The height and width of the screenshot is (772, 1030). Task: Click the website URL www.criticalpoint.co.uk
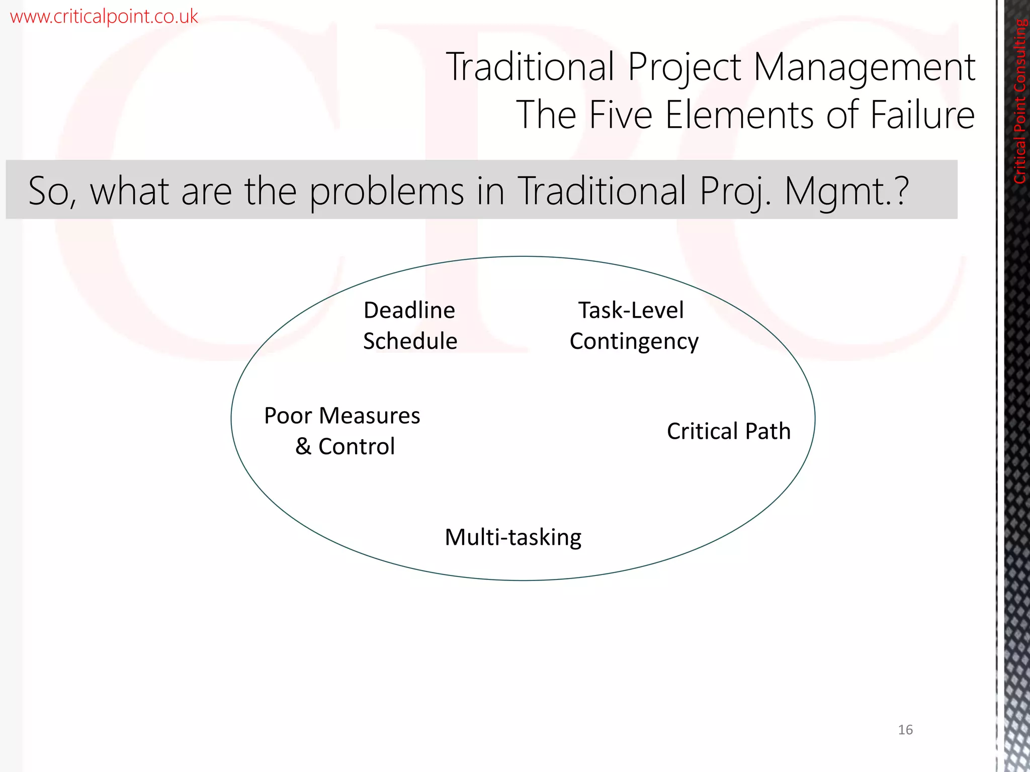[x=104, y=17]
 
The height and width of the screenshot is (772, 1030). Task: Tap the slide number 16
[x=905, y=729]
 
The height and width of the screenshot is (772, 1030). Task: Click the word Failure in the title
[x=922, y=115]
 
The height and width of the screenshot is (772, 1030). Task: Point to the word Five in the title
[x=621, y=115]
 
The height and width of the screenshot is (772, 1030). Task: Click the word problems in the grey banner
[x=386, y=191]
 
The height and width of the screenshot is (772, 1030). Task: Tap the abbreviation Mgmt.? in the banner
[x=846, y=191]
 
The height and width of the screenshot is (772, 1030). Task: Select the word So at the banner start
[x=49, y=191]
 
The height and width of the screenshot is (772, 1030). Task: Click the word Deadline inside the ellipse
[x=409, y=310]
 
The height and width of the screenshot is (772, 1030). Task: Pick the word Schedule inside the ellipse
[x=410, y=341]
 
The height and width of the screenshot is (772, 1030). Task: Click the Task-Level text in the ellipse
[x=631, y=310]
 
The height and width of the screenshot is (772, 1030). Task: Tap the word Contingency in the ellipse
[x=634, y=342]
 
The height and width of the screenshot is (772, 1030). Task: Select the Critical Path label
[x=728, y=431]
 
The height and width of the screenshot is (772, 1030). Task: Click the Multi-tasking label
[x=513, y=537]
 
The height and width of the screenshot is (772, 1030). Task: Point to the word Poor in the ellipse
[x=288, y=416]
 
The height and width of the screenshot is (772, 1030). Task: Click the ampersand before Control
[x=303, y=446]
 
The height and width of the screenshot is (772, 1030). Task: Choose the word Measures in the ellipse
[x=369, y=416]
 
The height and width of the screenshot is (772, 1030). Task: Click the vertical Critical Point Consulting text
[x=1020, y=101]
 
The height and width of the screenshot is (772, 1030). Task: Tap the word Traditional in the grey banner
[x=602, y=191]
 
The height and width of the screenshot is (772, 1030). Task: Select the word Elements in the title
[x=739, y=115]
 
